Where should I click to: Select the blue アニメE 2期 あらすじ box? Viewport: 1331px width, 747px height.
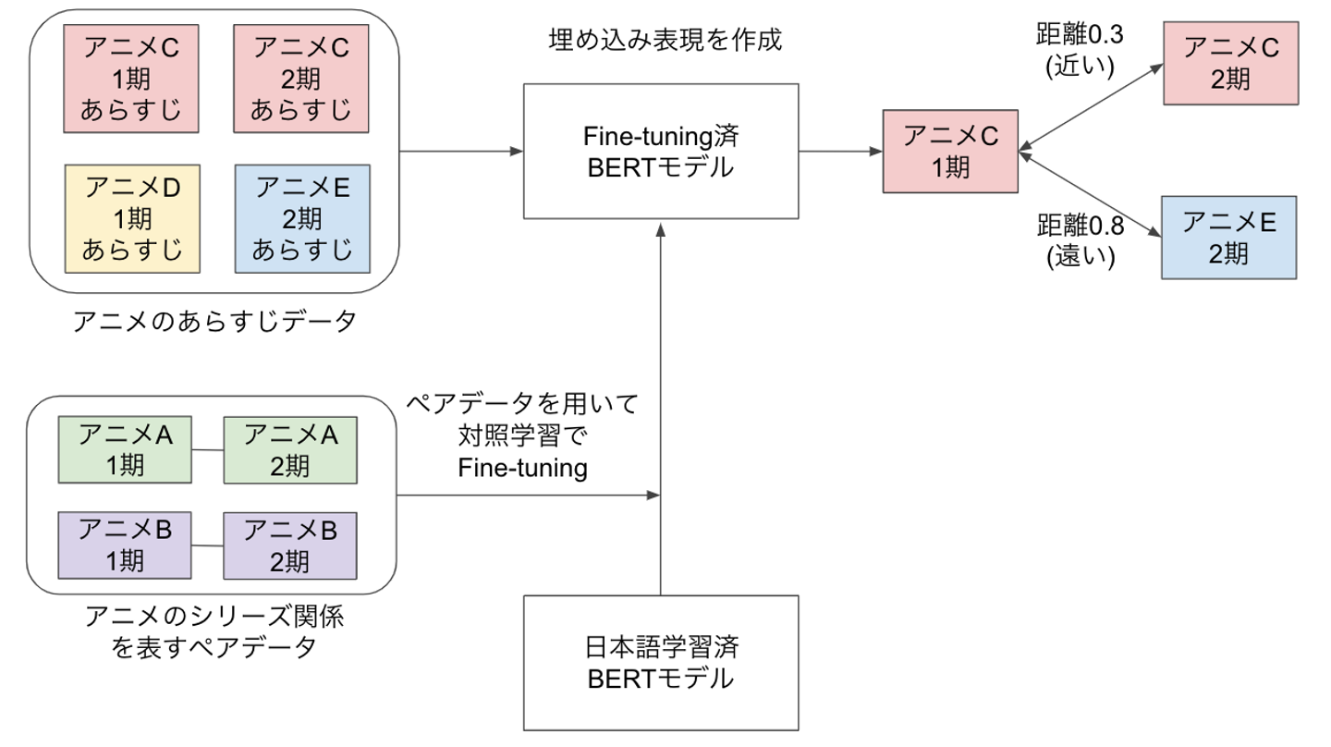tap(303, 218)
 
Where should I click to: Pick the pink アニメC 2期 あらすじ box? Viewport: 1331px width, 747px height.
tap(303, 78)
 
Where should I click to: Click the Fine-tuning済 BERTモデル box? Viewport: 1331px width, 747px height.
tap(661, 151)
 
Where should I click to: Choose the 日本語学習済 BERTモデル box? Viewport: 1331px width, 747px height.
tap(661, 663)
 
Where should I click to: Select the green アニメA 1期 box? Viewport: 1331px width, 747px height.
tap(125, 449)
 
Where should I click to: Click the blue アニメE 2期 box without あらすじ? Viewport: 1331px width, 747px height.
tap(1229, 237)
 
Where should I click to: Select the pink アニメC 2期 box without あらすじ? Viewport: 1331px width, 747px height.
tap(1229, 64)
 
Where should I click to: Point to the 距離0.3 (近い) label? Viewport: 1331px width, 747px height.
tap(1080, 51)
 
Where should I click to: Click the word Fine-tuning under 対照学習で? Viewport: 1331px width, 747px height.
tap(523, 467)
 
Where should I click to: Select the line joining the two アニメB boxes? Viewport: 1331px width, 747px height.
tap(207, 545)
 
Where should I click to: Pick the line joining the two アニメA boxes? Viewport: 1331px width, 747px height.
tap(207, 450)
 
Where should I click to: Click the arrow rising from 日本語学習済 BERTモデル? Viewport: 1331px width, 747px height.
tap(661, 416)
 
